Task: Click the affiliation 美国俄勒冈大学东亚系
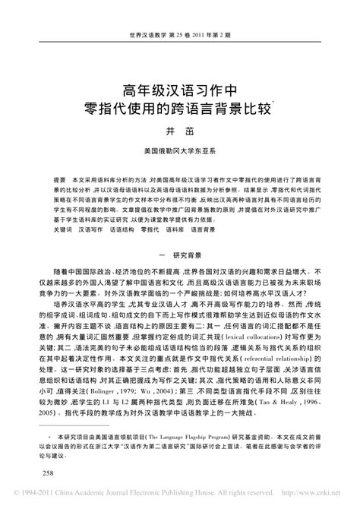coord(180,151)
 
